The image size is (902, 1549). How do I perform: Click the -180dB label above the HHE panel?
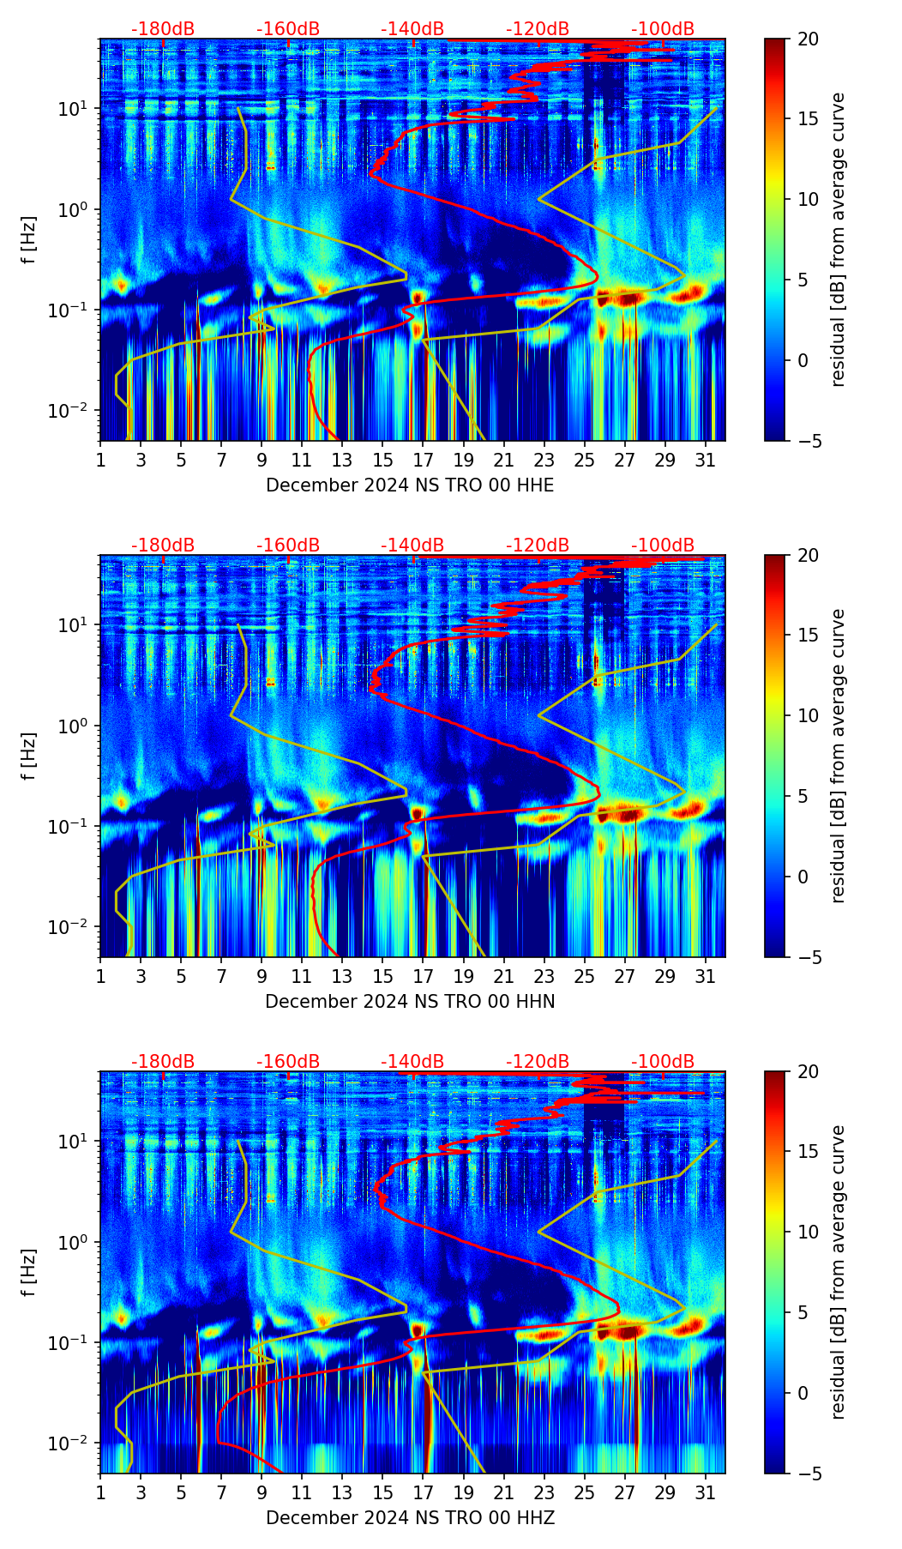(x=163, y=29)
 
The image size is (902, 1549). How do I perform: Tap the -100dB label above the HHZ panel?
(x=663, y=1062)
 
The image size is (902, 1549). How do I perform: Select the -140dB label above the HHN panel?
(x=412, y=545)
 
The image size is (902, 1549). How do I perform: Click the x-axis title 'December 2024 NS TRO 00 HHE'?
(x=410, y=485)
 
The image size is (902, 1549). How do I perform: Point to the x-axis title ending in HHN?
(x=410, y=1002)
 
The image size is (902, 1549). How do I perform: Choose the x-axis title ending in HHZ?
(x=410, y=1518)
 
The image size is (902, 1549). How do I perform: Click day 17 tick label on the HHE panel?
(x=424, y=460)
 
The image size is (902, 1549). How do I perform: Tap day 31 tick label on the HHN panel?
(x=706, y=976)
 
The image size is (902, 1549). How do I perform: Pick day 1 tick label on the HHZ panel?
(x=101, y=1492)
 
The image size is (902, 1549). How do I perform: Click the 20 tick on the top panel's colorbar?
(x=808, y=39)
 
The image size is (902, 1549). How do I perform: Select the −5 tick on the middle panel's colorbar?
(x=808, y=957)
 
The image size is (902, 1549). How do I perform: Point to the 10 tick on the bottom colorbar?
(x=808, y=1232)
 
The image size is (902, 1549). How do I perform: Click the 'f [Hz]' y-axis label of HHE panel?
(x=29, y=239)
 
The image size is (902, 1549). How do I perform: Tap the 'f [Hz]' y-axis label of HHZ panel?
(x=29, y=1272)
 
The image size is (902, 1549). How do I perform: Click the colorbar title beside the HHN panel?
(x=839, y=756)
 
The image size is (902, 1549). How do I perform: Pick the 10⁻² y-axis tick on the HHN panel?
(x=75, y=927)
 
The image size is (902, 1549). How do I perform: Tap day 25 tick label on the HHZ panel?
(x=585, y=1492)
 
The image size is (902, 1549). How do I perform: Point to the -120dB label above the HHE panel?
(x=538, y=29)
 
